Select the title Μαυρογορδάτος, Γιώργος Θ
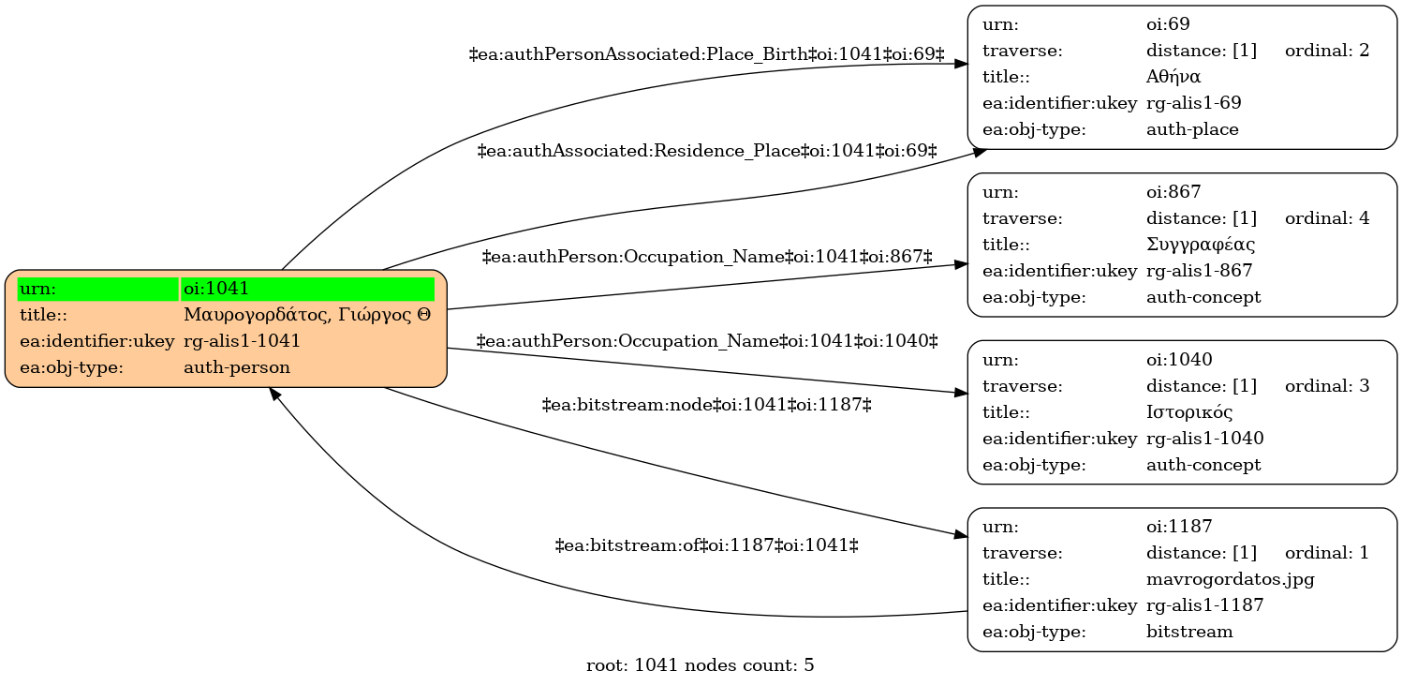coord(307,315)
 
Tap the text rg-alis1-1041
coord(242,341)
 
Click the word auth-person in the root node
coord(237,367)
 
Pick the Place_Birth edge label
coord(707,54)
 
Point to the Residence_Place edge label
coord(707,151)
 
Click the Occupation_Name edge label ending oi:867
coord(707,257)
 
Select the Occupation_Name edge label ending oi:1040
coord(707,341)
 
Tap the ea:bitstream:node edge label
coord(707,406)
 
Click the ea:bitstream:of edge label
coord(707,545)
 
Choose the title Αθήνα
coord(1173,77)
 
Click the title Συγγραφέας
coord(1201,245)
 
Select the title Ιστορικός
coord(1189,412)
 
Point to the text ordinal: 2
coord(1327,50)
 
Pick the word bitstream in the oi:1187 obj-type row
coord(1189,632)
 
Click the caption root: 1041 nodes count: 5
coord(700,665)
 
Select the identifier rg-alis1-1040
coord(1204,439)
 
